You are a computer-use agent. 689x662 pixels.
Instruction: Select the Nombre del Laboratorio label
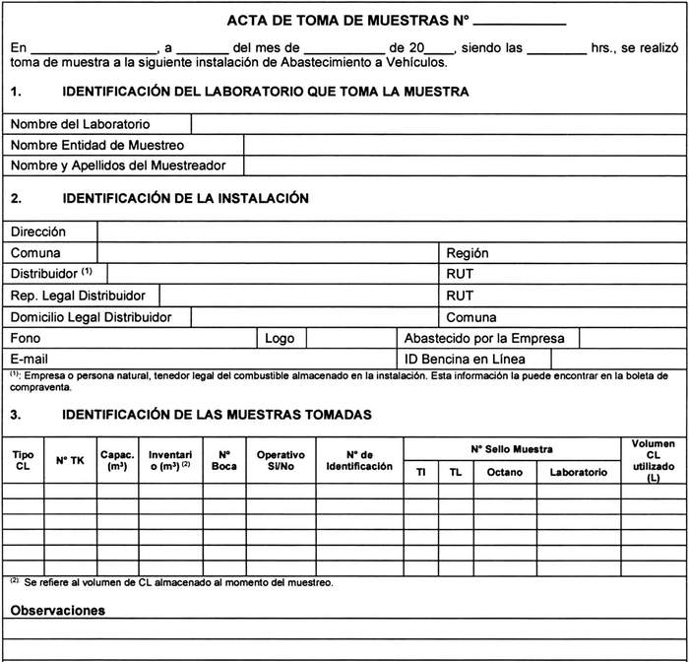(80, 124)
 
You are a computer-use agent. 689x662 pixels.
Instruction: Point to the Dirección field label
(38, 232)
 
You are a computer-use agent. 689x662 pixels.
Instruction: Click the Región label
(468, 253)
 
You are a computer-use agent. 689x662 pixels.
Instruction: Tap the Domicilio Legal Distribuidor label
(92, 317)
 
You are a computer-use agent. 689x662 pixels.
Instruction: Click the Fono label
(26, 338)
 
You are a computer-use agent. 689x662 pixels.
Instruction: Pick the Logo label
(280, 338)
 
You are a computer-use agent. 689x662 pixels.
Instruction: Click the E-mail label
(30, 359)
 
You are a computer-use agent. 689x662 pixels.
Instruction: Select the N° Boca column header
(223, 460)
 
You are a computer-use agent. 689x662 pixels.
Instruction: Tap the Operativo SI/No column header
(281, 460)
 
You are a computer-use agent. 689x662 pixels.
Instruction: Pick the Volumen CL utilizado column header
(654, 460)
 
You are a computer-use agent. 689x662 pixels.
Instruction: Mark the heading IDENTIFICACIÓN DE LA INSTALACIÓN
(185, 198)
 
